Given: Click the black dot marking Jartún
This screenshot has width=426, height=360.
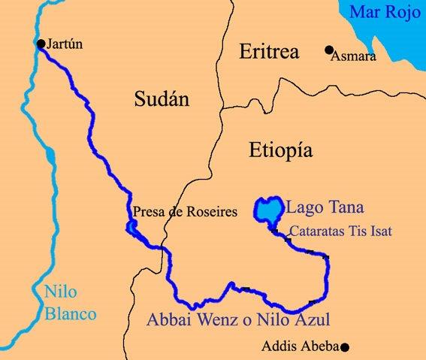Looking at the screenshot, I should pos(41,44).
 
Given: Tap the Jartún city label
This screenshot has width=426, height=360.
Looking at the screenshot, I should pos(65,44).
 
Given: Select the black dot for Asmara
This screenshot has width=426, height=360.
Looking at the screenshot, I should pos(328,50).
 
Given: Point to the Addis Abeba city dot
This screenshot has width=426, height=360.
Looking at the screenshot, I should pos(345,347).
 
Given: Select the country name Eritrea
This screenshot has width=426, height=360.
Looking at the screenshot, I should pos(268,52).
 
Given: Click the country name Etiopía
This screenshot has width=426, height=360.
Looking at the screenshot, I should pos(278,152).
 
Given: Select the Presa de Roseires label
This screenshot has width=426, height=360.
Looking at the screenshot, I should pos(184,213).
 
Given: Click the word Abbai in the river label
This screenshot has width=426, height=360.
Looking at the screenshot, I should pos(168,318).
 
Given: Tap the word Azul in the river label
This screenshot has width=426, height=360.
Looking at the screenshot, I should pos(313,318).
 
